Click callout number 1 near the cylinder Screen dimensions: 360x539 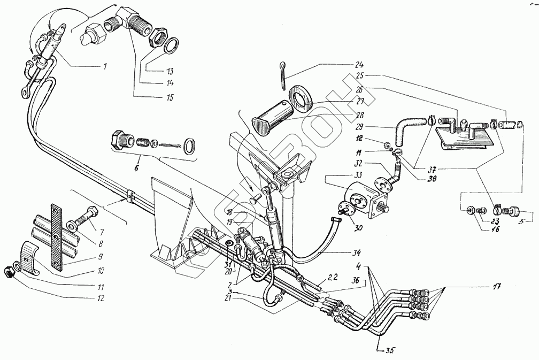tap(105, 67)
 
